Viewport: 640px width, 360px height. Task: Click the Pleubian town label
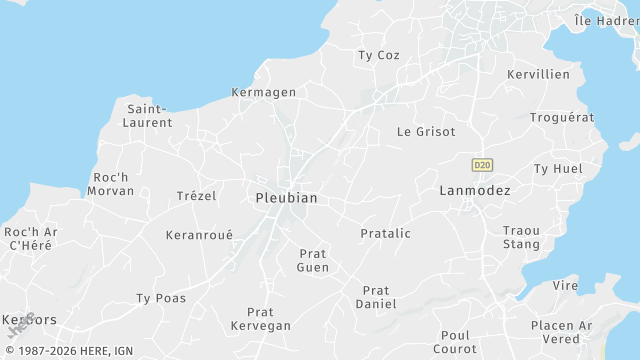(x=286, y=198)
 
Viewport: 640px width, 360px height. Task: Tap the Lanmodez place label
(x=475, y=190)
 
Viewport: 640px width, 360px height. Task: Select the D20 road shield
(x=482, y=164)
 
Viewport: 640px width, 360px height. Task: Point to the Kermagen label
(x=264, y=92)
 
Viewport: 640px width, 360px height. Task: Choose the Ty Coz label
(x=379, y=55)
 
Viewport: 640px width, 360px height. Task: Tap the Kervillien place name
(x=538, y=74)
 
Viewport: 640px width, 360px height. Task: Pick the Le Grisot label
(x=426, y=131)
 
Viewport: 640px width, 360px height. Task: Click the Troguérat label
(x=562, y=117)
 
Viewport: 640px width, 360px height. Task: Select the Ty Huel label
(x=558, y=168)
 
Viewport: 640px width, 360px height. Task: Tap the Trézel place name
(x=196, y=195)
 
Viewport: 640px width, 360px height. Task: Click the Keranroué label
(x=199, y=235)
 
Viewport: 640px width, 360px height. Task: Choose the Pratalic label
(x=385, y=233)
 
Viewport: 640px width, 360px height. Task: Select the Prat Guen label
(x=313, y=260)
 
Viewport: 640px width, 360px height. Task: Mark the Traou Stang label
(x=521, y=237)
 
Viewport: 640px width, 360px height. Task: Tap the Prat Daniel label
(x=376, y=296)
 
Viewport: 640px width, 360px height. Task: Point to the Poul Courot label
(x=455, y=342)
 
